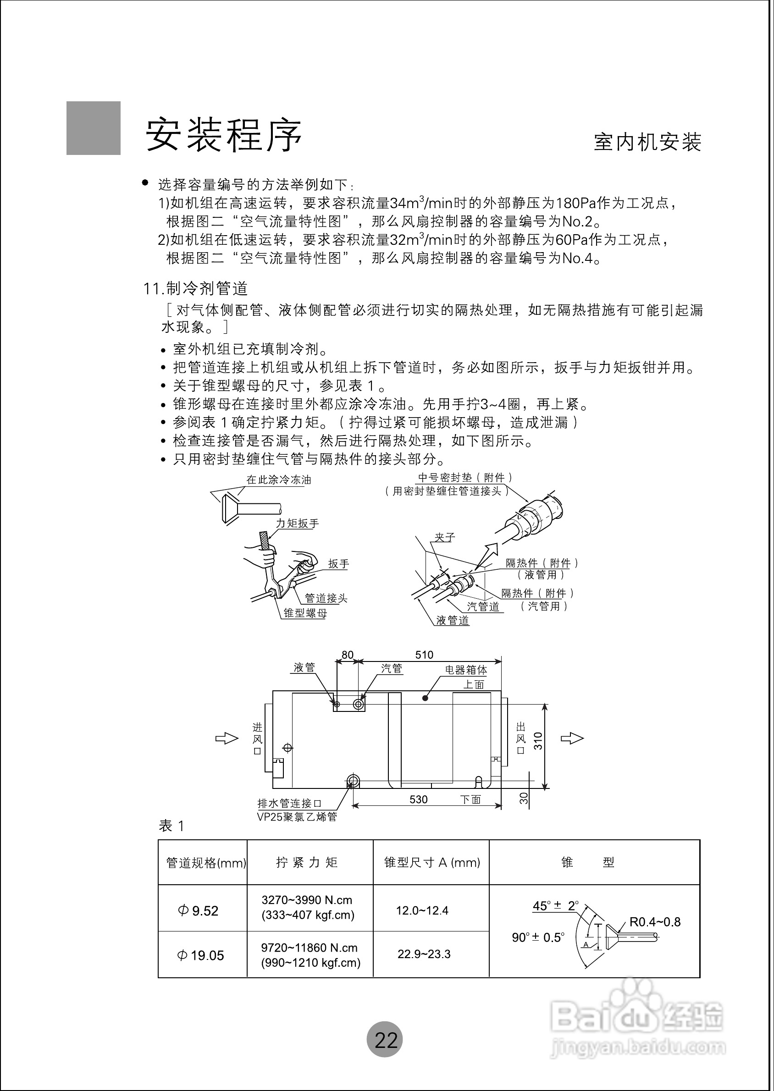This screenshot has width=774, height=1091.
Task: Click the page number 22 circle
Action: pos(385,1040)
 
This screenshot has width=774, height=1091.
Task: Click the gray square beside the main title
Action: pos(94,128)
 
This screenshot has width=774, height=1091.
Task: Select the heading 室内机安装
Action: pos(647,142)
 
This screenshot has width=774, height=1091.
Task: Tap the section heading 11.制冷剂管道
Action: pos(196,289)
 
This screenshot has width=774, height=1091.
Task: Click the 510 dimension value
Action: pos(424,655)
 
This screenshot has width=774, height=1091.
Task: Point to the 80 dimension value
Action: pos(348,655)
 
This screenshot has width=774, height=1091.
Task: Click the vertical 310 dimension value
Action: pos(538,741)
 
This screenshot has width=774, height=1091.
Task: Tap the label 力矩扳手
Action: pos(298,523)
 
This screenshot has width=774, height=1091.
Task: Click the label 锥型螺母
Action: pos(305,613)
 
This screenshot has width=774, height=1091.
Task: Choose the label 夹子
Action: pos(445,537)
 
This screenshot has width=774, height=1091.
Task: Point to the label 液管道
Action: pos(453,620)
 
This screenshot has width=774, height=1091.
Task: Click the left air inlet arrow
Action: pos(227,738)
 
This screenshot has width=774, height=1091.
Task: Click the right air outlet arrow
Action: pos(572,738)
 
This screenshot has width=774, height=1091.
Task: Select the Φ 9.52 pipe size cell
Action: pos(198,911)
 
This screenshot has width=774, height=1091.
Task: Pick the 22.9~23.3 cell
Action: pos(424,954)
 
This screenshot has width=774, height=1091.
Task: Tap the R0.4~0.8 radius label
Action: pos(655,922)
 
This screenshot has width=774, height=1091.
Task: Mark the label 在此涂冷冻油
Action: pos(279,480)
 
